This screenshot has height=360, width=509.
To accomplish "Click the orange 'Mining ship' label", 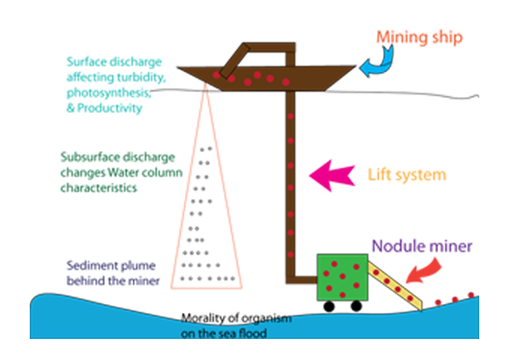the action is [x=420, y=38].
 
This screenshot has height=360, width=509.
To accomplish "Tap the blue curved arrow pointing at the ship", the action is [x=380, y=63].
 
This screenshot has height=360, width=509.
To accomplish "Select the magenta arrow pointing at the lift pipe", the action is [x=332, y=176].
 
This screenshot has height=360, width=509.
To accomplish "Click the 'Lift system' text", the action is [x=407, y=175].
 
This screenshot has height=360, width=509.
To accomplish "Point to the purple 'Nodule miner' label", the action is [x=422, y=246].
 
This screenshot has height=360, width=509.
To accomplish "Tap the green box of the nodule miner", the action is [x=343, y=277].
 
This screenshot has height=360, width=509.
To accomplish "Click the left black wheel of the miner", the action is [x=329, y=306].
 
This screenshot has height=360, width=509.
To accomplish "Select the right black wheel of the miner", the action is [x=356, y=306].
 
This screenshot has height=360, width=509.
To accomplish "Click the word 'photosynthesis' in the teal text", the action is [x=108, y=93].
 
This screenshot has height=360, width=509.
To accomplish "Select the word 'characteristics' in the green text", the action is [x=99, y=188].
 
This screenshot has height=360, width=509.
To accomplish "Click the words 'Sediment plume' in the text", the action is [x=111, y=266].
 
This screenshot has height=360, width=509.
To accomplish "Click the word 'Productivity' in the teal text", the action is [x=109, y=108].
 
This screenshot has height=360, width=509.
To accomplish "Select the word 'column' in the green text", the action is [x=164, y=172].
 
